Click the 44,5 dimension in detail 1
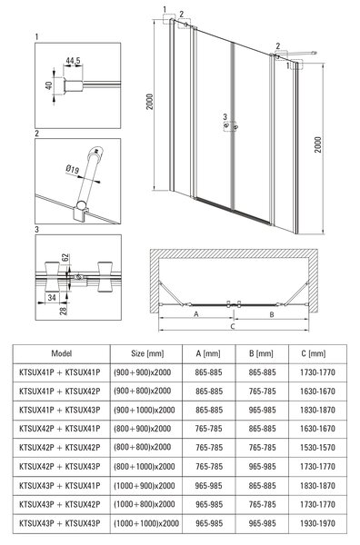[x=73, y=61]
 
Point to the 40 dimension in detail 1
[x=49, y=85]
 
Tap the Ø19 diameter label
[x=73, y=170]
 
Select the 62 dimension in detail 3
[x=65, y=258]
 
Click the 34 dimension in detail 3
[x=52, y=298]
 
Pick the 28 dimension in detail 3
[x=63, y=311]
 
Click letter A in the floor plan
[x=196, y=314]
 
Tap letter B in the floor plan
[x=272, y=314]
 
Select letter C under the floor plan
[x=233, y=326]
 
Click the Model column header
[x=62, y=353]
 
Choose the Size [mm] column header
[x=147, y=354]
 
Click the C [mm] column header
[x=314, y=354]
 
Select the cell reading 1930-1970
[x=317, y=523]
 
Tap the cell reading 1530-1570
[x=317, y=447]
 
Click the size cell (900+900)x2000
[x=142, y=372]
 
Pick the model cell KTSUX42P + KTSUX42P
[x=59, y=447]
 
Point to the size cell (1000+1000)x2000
[x=146, y=523]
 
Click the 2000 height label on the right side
[x=318, y=144]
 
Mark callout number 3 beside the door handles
[x=225, y=117]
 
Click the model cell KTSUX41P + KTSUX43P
[x=59, y=410]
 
